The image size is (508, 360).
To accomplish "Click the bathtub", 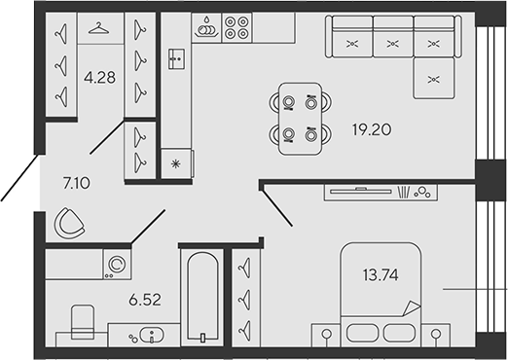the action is [x=201, y=298].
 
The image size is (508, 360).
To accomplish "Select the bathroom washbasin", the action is [x=148, y=337].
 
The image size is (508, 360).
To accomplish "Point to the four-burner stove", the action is [x=236, y=28].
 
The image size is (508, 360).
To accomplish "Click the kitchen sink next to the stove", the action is [x=206, y=28].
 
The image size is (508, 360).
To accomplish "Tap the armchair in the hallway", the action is [x=71, y=224].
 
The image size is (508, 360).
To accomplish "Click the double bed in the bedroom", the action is [x=377, y=298].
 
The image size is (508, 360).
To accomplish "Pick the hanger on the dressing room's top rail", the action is [x=96, y=28].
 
